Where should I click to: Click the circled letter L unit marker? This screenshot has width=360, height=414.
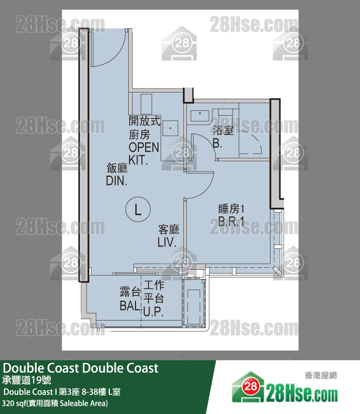tap(138, 209)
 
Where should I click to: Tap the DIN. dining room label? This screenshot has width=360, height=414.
tap(117, 181)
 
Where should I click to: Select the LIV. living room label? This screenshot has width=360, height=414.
tap(167, 242)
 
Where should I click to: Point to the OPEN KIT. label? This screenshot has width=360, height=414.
tap(144, 153)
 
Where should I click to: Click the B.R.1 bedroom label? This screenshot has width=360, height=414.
tap(231, 221)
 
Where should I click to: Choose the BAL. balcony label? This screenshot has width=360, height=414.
tap(130, 306)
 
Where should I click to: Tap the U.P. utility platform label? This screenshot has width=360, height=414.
tap(153, 311)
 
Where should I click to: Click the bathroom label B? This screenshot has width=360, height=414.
tap(217, 143)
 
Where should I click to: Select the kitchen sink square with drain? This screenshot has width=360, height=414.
tap(170, 128)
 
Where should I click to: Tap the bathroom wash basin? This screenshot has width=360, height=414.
tap(200, 116)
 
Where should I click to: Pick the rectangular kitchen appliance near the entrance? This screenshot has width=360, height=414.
tap(146, 104)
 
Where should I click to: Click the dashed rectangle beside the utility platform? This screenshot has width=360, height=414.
tap(194, 307)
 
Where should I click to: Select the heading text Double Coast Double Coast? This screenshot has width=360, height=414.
tap(80, 368)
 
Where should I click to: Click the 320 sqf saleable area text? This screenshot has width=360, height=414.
tap(55, 403)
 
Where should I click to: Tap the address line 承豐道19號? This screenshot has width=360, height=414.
tap(27, 380)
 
